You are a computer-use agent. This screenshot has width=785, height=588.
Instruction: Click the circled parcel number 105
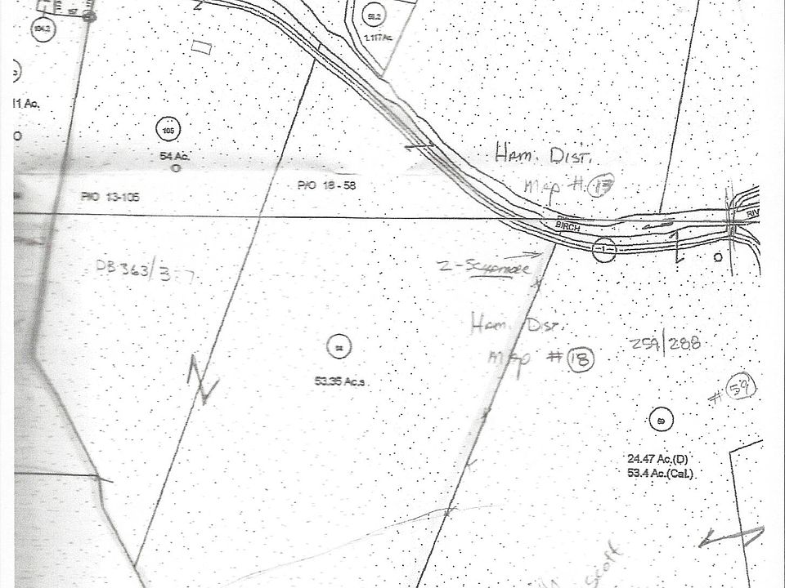[168, 129]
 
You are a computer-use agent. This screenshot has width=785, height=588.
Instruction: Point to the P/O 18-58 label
[326, 185]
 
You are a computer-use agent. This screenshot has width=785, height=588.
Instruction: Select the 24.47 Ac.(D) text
[657, 460]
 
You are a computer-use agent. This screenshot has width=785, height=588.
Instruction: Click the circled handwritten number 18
[579, 359]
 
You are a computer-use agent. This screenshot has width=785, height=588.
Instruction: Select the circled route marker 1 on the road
[604, 248]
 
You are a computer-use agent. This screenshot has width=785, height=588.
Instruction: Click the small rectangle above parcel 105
[200, 46]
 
